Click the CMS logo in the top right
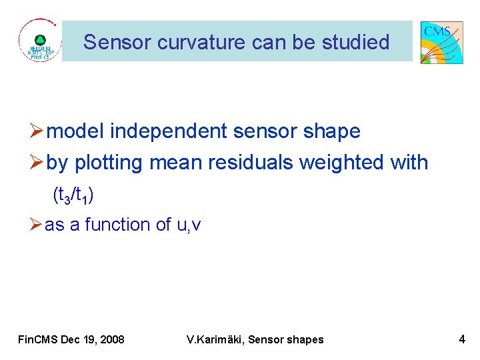pyautogui.click(x=441, y=42)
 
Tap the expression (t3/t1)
pyautogui.click(x=73, y=195)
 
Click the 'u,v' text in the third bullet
pyautogui.click(x=187, y=225)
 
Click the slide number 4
pyautogui.click(x=462, y=339)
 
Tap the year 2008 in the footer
pyautogui.click(x=110, y=339)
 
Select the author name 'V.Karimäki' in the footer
pyautogui.click(x=215, y=339)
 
